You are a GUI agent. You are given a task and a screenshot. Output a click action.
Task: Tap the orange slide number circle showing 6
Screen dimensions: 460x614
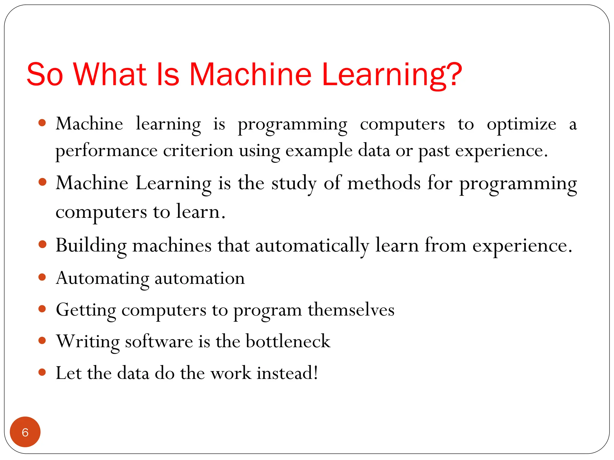25,432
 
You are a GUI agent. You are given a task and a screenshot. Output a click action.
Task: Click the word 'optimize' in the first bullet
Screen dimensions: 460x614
521,124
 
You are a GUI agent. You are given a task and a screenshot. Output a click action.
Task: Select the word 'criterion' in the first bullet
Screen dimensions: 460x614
198,150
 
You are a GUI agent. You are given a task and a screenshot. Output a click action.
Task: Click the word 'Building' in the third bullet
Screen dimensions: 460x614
91,246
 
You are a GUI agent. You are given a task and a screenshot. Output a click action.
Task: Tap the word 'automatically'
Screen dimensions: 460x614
312,246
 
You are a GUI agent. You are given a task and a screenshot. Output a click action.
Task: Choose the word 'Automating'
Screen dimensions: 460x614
102,279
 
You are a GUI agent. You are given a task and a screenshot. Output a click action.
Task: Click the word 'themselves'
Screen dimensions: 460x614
351,310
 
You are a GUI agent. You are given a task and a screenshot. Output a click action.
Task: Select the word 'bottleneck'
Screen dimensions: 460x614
288,341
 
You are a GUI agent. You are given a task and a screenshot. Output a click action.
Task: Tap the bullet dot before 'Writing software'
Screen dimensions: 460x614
42,341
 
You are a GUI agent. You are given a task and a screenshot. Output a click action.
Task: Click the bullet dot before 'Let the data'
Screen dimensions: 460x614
42,372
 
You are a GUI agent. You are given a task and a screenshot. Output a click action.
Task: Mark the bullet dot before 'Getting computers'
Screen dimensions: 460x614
42,309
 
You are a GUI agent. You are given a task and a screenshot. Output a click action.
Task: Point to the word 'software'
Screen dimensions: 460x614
159,341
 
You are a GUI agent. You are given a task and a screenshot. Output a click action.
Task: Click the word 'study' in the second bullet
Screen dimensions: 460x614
294,183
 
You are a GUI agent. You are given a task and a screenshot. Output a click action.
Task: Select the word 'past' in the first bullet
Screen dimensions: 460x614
434,151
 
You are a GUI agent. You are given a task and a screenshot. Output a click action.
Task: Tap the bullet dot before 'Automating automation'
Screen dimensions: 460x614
42,277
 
